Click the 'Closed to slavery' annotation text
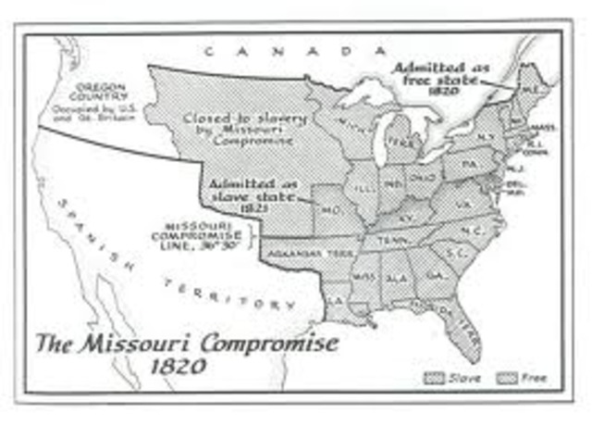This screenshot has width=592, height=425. [239, 130]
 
